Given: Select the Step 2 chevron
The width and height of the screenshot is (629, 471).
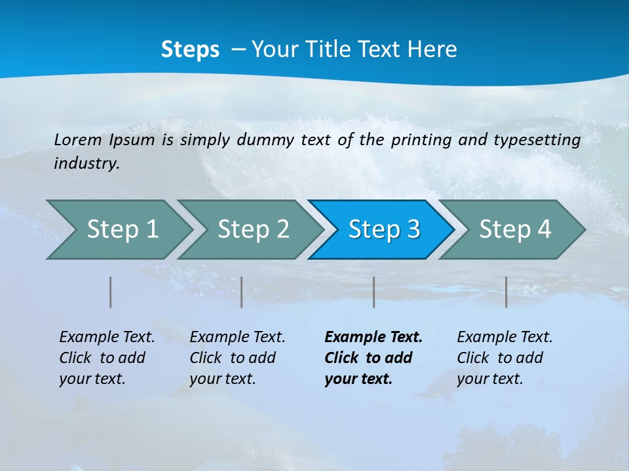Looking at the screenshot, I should click(x=253, y=230).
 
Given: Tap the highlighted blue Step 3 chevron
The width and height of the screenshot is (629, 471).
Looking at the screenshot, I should click(x=384, y=230).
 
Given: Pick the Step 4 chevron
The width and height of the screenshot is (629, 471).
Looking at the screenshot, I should click(x=515, y=230).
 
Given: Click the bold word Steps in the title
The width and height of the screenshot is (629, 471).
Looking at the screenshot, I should click(x=190, y=50).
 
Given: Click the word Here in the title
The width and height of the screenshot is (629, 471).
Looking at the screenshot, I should click(x=432, y=50).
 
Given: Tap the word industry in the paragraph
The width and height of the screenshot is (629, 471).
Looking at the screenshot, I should click(x=86, y=164).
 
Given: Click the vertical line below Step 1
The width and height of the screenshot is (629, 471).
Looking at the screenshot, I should click(x=111, y=292).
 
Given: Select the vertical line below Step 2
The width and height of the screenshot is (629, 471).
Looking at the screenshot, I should click(x=242, y=292).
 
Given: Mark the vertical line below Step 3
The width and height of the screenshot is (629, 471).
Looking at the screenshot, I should click(x=374, y=292).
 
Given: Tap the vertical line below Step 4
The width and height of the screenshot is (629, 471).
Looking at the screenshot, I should click(x=506, y=292).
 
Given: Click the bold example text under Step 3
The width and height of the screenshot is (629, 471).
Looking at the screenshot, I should click(x=373, y=358).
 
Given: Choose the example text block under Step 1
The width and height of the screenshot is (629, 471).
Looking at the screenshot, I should click(x=107, y=358).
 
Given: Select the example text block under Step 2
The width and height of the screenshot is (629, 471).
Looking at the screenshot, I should click(x=237, y=358).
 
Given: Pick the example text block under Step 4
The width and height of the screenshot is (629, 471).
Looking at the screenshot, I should click(x=505, y=358).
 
